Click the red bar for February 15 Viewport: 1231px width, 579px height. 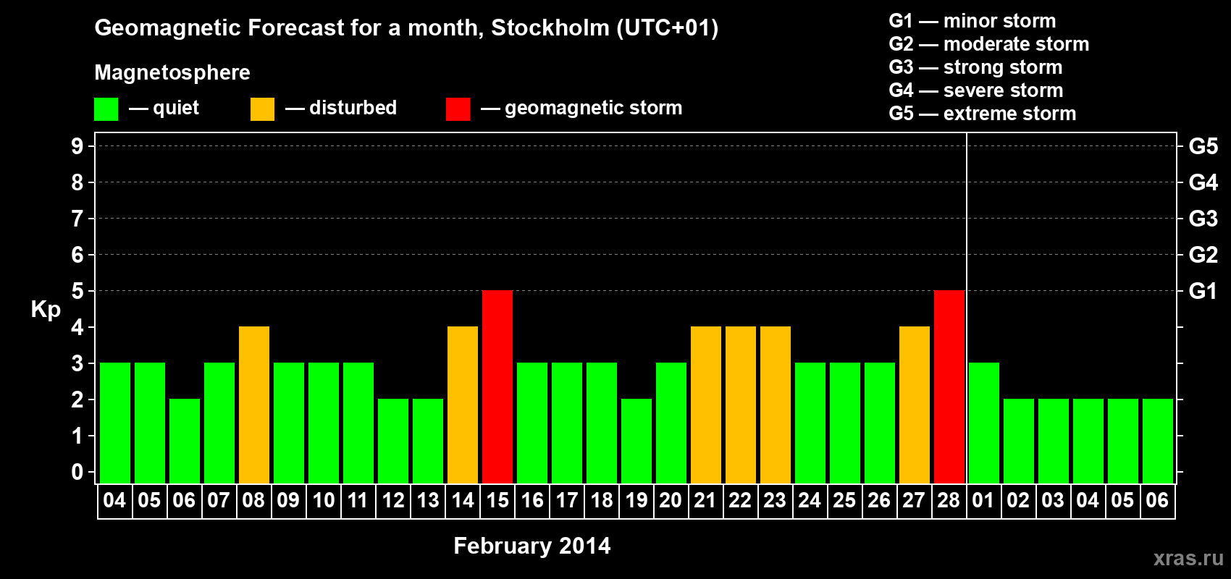[x=497, y=386]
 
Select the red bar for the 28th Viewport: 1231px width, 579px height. [x=949, y=386]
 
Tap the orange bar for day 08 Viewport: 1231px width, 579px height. [x=254, y=405]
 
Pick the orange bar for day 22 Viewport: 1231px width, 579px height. [x=741, y=405]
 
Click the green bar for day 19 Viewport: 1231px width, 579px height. [x=636, y=441]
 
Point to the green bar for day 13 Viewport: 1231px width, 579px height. [x=428, y=441]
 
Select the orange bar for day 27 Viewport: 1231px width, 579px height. [x=915, y=405]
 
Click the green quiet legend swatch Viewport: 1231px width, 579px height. [x=106, y=109]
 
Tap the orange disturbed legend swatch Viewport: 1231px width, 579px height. [x=262, y=109]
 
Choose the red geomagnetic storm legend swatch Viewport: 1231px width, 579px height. [x=458, y=109]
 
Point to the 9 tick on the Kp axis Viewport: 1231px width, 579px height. [x=77, y=146]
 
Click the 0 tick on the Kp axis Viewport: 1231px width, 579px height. [x=77, y=472]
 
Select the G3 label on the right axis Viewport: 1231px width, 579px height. [x=1203, y=219]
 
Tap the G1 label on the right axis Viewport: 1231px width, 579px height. [x=1203, y=291]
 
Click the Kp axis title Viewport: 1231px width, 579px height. [x=46, y=310]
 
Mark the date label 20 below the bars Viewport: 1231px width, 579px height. [x=671, y=500]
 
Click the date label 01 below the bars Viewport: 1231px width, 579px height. [x=983, y=500]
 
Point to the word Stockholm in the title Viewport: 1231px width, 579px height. [x=550, y=28]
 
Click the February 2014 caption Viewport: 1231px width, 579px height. [x=532, y=546]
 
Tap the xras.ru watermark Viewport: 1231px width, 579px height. [x=1188, y=558]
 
